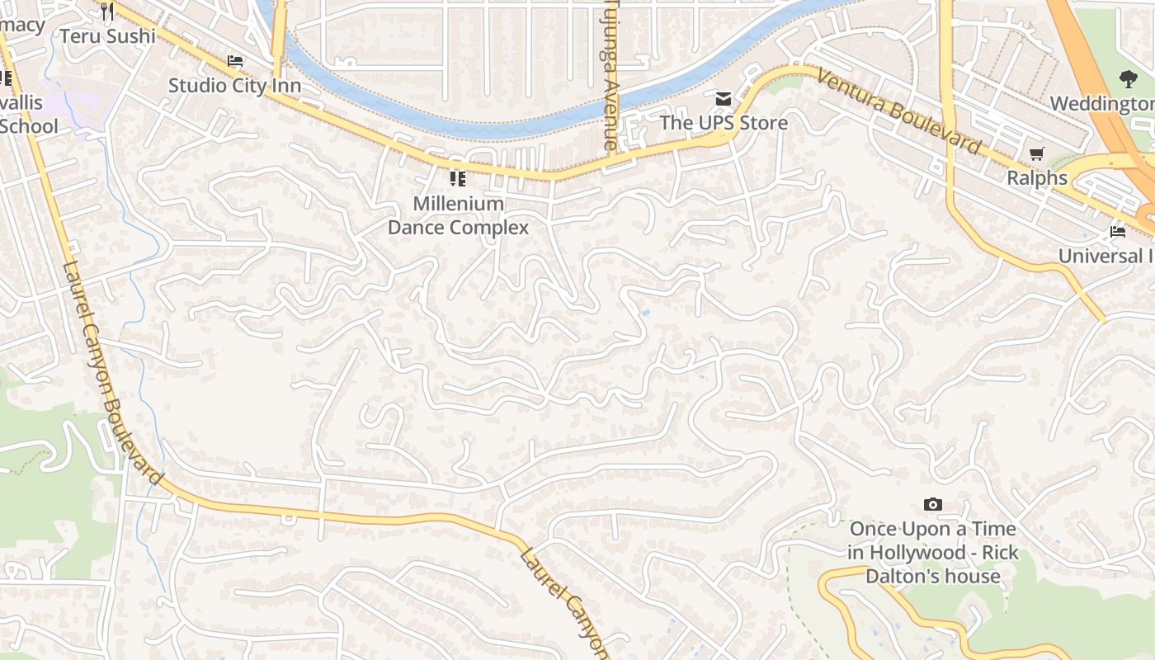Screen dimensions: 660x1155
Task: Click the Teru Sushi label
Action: (x=108, y=36)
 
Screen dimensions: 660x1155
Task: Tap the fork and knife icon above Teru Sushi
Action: (x=106, y=11)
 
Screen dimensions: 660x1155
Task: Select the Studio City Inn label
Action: (x=234, y=85)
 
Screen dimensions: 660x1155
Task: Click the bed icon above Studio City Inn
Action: (x=235, y=61)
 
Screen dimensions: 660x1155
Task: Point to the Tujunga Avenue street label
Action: (x=610, y=74)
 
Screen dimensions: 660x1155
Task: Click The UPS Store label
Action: (x=724, y=123)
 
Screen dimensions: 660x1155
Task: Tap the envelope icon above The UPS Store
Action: (x=724, y=100)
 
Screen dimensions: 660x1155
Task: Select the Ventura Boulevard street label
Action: (x=900, y=112)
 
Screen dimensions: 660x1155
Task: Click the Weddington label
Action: (x=1102, y=104)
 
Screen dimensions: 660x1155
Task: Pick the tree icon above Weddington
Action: (x=1128, y=79)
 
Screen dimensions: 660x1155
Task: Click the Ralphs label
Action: (x=1037, y=177)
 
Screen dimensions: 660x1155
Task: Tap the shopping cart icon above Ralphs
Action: (x=1037, y=153)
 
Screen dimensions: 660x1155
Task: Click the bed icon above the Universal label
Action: (x=1118, y=232)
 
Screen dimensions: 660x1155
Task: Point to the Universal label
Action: (x=1105, y=256)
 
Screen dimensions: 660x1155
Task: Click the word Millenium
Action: (x=458, y=203)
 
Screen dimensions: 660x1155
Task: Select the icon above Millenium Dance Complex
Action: (x=458, y=179)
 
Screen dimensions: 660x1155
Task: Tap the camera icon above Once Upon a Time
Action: (x=933, y=505)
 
